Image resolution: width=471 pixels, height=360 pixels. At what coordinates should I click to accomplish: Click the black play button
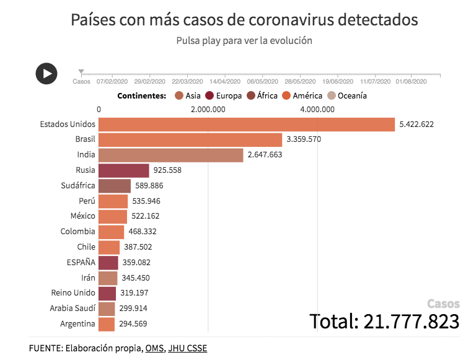click(x=46, y=73)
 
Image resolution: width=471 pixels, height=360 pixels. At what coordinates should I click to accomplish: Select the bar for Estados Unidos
click(x=247, y=124)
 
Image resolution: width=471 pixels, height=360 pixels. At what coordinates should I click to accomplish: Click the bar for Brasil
click(x=190, y=139)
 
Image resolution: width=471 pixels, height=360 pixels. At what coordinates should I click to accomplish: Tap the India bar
click(x=171, y=155)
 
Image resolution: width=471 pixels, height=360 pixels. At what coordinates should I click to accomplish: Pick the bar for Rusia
click(x=124, y=170)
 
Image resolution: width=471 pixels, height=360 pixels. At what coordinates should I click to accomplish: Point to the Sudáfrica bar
click(x=115, y=186)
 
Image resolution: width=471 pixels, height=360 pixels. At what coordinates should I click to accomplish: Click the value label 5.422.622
click(x=416, y=124)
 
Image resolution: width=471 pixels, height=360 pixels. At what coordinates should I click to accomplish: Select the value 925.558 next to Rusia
click(x=169, y=170)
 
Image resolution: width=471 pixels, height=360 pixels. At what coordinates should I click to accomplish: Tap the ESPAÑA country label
click(x=81, y=262)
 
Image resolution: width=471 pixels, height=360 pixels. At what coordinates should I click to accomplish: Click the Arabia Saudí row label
click(x=73, y=308)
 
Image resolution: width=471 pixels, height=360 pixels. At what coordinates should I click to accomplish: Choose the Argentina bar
click(x=107, y=323)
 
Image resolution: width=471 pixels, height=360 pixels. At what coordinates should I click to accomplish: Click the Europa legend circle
click(x=209, y=96)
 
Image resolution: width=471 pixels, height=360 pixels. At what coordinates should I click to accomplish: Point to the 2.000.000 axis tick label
click(x=208, y=110)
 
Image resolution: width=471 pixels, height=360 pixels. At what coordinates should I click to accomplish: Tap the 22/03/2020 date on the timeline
click(x=187, y=81)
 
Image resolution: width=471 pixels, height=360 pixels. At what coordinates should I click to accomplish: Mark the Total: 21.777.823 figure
click(x=385, y=321)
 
